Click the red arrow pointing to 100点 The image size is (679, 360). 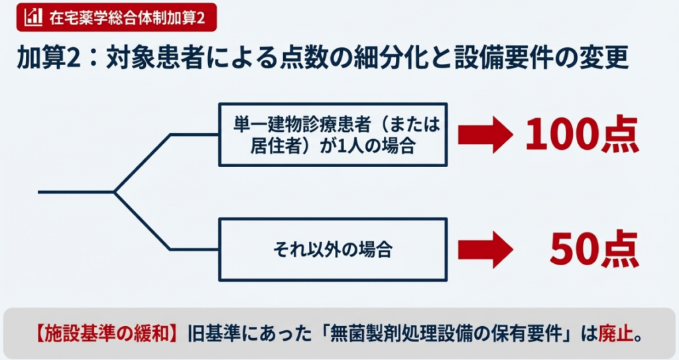click(484, 135)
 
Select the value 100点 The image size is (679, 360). click(582, 135)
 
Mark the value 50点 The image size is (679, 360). click(593, 250)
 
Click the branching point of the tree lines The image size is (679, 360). click(115, 192)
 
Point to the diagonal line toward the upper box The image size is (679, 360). click(143, 164)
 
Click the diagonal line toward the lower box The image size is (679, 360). click(143, 221)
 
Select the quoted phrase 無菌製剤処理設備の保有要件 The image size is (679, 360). click(438, 333)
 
